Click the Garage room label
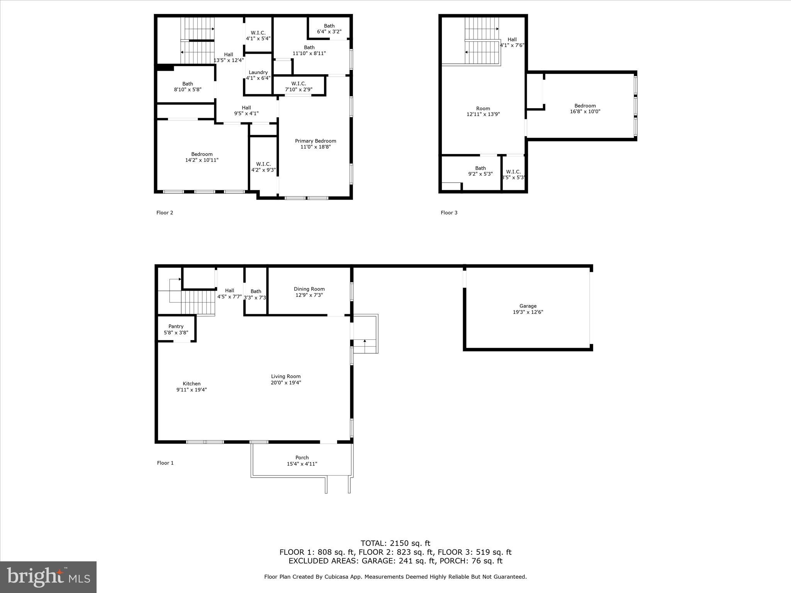528,306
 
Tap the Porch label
302,458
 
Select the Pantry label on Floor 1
176,327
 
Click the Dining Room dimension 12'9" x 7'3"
309,295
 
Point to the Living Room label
286,376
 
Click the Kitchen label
192,384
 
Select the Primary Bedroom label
316,141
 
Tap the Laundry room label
258,73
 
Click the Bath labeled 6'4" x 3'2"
329,29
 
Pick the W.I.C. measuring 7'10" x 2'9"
299,86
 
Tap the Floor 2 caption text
165,213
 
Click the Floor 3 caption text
449,213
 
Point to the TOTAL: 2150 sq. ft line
395,544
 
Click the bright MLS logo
48,577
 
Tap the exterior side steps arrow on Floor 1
365,341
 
